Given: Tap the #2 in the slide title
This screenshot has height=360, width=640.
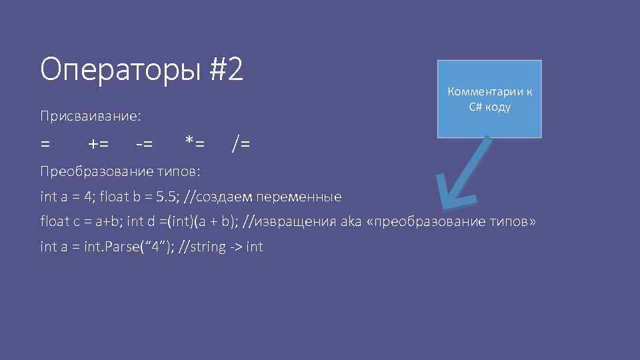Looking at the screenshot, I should click(227, 70).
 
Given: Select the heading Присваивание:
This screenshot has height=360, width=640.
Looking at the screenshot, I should click(90, 117).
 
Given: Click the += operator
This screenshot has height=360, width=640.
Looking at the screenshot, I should click(99, 143).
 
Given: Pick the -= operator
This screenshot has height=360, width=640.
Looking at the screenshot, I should click(143, 143).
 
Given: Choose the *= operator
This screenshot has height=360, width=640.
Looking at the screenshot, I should click(195, 142).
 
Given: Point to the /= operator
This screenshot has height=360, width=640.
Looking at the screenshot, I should click(241, 143).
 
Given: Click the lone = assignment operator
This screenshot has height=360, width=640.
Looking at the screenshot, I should click(45, 143).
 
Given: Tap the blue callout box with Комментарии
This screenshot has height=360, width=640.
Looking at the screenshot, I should click(489, 99).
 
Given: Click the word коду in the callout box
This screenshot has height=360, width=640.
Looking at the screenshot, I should click(498, 107).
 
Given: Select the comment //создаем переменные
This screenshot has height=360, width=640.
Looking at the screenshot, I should click(263, 197).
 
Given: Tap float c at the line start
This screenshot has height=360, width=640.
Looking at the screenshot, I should click(59, 222).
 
